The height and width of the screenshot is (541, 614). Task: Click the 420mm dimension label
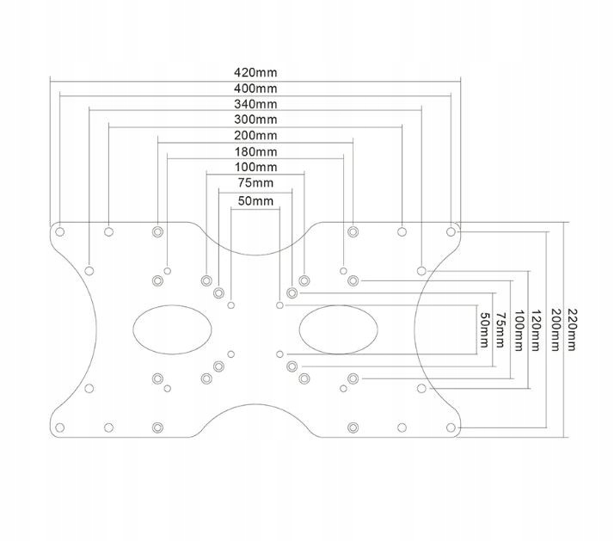255,72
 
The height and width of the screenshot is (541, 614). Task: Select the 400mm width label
255,89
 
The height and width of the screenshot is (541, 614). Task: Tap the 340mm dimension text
255,104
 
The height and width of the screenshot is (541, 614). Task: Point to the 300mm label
255,120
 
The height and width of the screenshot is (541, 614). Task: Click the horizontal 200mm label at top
255,136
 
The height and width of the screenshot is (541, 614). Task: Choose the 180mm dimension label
255,151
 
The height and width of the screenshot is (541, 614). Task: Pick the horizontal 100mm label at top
255,167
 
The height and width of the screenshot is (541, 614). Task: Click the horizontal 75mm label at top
255,183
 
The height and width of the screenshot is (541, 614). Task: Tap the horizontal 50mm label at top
255,201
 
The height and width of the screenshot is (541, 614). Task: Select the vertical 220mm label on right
573,327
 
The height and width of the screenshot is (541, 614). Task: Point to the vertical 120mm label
537,327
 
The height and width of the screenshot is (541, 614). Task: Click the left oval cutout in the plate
173,329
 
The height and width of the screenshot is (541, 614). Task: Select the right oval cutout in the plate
338,329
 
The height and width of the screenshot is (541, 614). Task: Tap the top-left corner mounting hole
60,231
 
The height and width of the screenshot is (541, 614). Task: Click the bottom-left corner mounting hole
60,427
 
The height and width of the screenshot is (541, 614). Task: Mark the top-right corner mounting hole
451,231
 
